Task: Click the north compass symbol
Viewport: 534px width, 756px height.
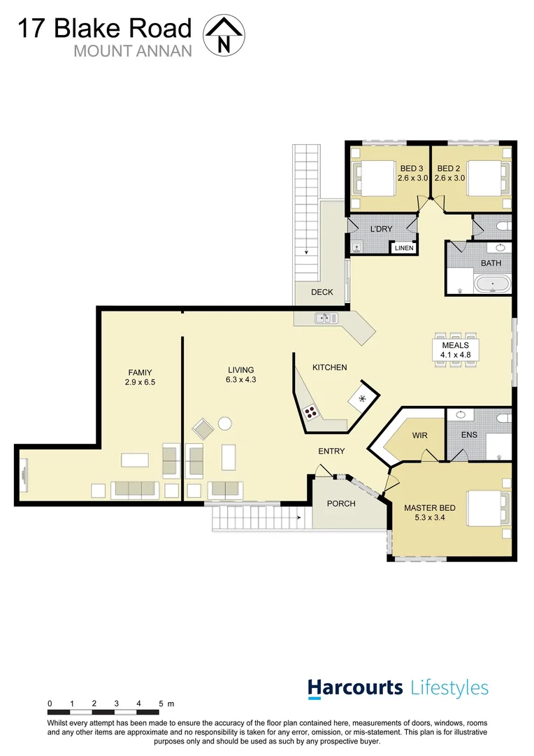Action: coord(224,35)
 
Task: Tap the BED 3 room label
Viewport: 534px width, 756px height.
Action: coord(412,173)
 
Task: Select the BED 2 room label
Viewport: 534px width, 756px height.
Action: coord(449,173)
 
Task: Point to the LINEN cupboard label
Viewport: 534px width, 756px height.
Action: coord(404,248)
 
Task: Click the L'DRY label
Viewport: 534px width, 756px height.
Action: coord(382,229)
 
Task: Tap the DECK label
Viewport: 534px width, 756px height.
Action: coord(322,292)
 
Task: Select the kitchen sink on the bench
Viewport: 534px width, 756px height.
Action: coord(325,318)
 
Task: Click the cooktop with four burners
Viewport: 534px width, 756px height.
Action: coord(310,412)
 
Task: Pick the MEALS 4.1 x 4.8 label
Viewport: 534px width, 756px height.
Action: coord(456,350)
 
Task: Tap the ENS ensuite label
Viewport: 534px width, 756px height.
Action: coord(469,435)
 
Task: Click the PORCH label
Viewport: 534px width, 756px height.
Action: coord(341,503)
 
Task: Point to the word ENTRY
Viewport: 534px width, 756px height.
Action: coord(331,451)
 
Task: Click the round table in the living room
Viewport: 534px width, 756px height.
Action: coord(224,423)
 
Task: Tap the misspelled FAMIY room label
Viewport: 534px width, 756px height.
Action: coord(140,377)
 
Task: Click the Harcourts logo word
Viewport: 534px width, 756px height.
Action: coord(356,687)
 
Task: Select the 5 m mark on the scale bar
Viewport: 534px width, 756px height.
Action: coord(161,703)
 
